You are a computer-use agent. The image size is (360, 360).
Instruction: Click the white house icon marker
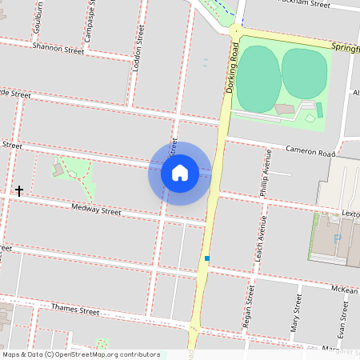point(180,173)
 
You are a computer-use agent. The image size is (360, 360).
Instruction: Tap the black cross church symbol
point(18,191)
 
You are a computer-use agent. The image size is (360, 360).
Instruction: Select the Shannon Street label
point(58,50)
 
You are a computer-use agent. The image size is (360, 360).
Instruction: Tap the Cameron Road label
point(311,150)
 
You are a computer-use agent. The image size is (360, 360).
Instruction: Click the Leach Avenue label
point(261,241)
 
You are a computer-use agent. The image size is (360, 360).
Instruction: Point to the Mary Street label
point(296,313)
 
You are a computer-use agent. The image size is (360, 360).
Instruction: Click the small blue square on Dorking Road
point(207,258)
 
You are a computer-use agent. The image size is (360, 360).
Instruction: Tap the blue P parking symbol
point(337,238)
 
